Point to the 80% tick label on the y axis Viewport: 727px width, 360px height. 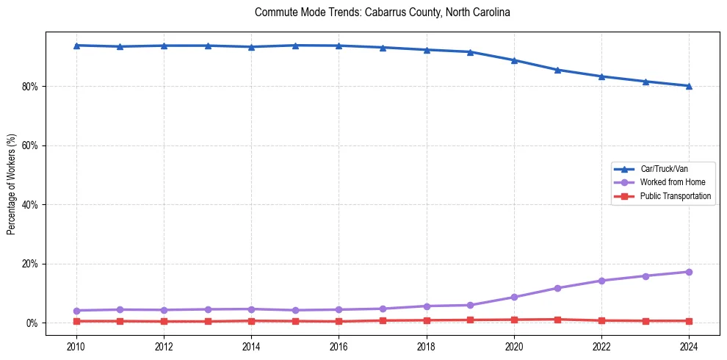point(31,86)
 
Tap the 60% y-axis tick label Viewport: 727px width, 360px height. point(31,145)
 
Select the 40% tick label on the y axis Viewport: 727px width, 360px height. point(31,205)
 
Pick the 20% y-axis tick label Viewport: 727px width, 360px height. point(31,264)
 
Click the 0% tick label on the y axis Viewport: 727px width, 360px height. point(33,323)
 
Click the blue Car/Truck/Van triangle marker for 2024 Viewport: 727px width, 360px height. point(689,86)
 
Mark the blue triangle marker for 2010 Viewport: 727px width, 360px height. point(76,46)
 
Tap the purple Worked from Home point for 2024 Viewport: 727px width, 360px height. point(689,272)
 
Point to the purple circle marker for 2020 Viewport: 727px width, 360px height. point(514,297)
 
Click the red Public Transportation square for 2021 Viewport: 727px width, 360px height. point(557,320)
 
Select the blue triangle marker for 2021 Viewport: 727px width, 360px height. point(557,70)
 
